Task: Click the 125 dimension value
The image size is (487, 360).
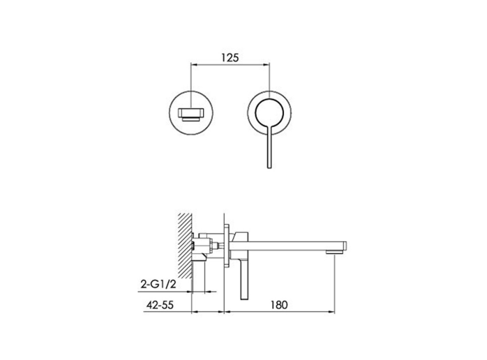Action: coord(230,57)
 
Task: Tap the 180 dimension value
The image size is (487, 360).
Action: coord(279,305)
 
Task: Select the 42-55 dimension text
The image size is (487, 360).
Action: coord(160,305)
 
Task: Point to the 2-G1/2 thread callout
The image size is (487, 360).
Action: coord(158,284)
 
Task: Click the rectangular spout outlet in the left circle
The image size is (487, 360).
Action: coord(191,114)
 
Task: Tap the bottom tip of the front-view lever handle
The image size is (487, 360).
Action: coord(269,167)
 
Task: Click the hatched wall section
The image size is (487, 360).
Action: coord(184,246)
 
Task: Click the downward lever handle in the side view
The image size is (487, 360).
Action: coord(244,276)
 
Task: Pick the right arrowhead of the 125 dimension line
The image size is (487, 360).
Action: coord(266,65)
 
